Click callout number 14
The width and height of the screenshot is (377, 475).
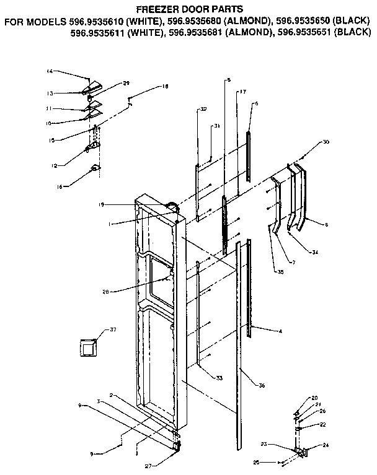coord(50,72)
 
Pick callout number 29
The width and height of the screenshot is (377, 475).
coord(126,83)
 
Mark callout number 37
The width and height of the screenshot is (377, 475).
coord(113,329)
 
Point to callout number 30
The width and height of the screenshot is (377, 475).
coord(326,142)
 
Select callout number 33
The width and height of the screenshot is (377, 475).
coord(220,378)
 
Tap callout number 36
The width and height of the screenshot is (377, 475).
coord(262,386)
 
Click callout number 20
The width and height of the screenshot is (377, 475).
coord(314,398)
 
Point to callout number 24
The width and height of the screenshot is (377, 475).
coord(326,446)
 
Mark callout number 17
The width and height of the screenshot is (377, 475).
coord(242,92)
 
